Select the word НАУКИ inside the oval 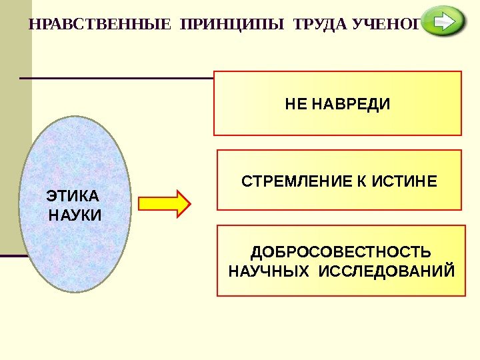[x=75, y=215]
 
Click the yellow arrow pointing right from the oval [x=165, y=204]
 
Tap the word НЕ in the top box [x=294, y=105]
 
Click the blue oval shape [x=75, y=153]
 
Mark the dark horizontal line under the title [x=117, y=78]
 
